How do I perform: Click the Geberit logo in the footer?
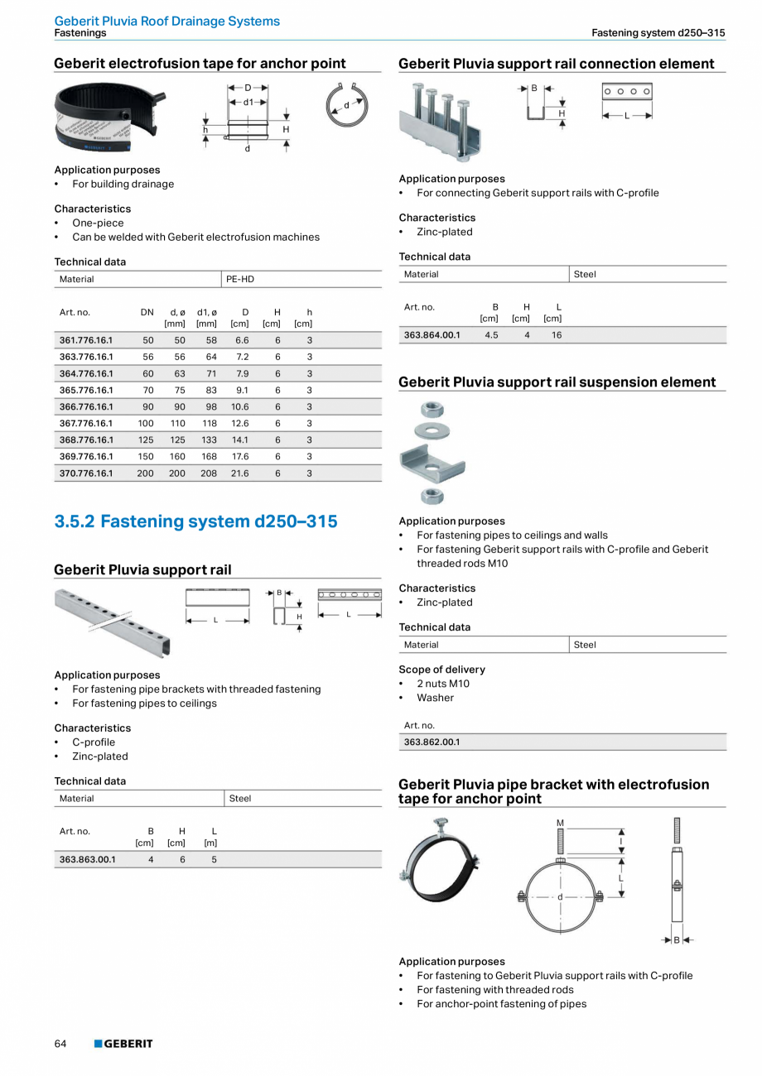click(x=123, y=1044)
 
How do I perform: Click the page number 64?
click(x=60, y=1044)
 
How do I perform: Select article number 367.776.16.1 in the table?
click(x=86, y=423)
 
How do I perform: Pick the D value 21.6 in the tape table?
click(x=240, y=473)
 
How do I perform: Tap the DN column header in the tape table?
click(x=147, y=312)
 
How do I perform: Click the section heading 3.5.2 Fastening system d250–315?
click(x=195, y=521)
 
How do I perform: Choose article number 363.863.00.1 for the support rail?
click(x=88, y=859)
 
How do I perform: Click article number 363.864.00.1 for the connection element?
click(x=432, y=335)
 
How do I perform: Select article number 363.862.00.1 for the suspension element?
click(x=432, y=742)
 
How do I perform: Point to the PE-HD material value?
click(x=240, y=279)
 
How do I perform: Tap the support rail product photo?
click(x=112, y=621)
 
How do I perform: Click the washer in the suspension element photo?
click(x=432, y=430)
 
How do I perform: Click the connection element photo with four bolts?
click(x=441, y=122)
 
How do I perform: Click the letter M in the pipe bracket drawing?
click(x=561, y=822)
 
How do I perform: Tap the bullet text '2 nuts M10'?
click(x=442, y=684)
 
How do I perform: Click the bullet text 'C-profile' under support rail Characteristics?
click(x=94, y=742)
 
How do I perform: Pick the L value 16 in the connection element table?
click(x=557, y=335)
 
